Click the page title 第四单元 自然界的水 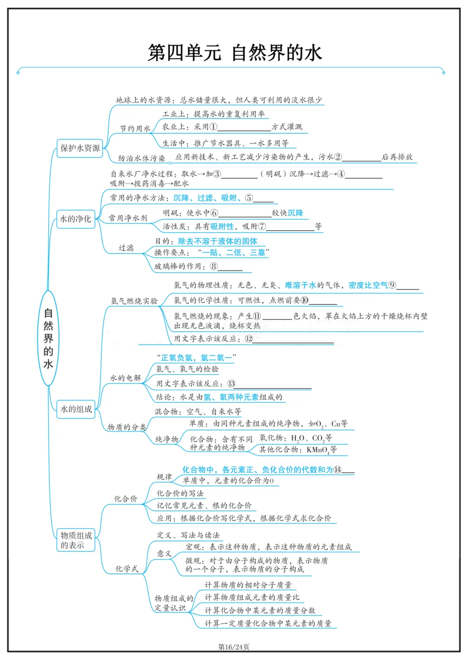pyautogui.click(x=234, y=53)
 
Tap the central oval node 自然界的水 pyautogui.click(x=48, y=338)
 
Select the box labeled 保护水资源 pyautogui.click(x=80, y=148)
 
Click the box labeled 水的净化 pyautogui.click(x=76, y=219)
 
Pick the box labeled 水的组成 pyautogui.click(x=76, y=409)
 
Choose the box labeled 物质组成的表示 pyautogui.click(x=76, y=540)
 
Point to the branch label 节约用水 pyautogui.click(x=135, y=129)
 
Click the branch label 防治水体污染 pyautogui.click(x=142, y=158)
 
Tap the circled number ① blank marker pyautogui.click(x=213, y=127)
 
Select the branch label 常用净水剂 pyautogui.click(x=128, y=218)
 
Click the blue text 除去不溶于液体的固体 pyautogui.click(x=218, y=241)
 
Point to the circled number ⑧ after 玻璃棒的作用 pyautogui.click(x=214, y=267)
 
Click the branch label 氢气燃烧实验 pyautogui.click(x=134, y=301)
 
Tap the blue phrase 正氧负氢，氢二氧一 pyautogui.click(x=196, y=358)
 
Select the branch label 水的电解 pyautogui.click(x=126, y=378)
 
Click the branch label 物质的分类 pyautogui.click(x=127, y=427)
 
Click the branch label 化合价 pyautogui.click(x=126, y=499)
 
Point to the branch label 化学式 pyautogui.click(x=127, y=569)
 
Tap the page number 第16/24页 pyautogui.click(x=234, y=647)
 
